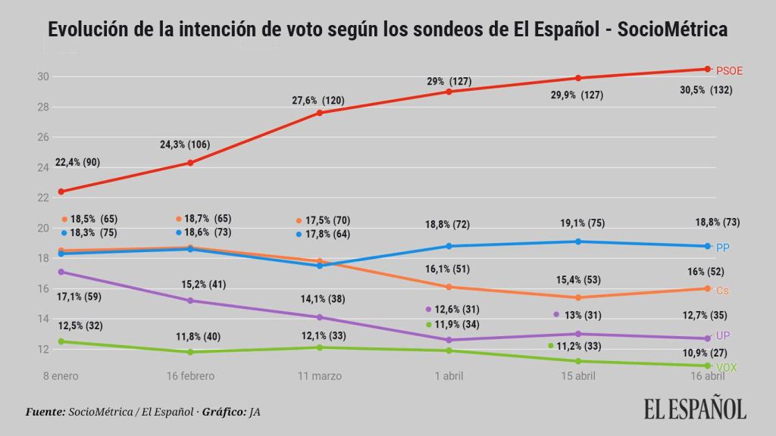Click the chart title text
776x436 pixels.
click(x=388, y=30)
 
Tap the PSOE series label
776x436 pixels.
click(x=729, y=70)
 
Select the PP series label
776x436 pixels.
click(x=722, y=248)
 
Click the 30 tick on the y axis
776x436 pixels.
click(x=43, y=76)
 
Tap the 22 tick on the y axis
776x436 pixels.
click(x=43, y=198)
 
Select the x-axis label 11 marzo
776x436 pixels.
click(x=320, y=376)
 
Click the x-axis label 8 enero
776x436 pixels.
click(x=60, y=376)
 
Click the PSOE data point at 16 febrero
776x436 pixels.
click(x=190, y=163)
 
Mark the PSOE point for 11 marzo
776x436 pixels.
click(x=320, y=113)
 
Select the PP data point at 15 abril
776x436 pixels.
click(x=578, y=241)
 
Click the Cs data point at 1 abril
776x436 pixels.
click(x=449, y=287)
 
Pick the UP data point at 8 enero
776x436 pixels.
click(x=61, y=272)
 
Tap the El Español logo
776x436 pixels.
click(x=696, y=408)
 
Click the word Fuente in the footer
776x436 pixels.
click(x=45, y=412)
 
